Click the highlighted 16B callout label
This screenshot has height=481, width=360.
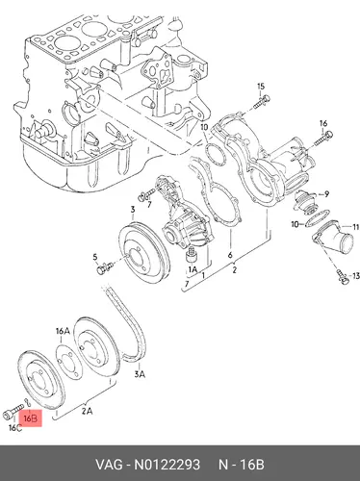(x=31, y=418)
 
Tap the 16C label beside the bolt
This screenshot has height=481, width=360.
(x=15, y=428)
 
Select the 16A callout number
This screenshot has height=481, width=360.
(x=63, y=331)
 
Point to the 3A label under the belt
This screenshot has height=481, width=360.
(x=140, y=374)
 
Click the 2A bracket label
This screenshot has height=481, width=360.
(x=88, y=411)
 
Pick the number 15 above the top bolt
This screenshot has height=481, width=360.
(x=261, y=87)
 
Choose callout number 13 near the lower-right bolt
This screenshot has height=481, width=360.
(x=356, y=276)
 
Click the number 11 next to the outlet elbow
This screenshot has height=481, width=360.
(x=356, y=227)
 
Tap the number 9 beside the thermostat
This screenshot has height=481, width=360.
(x=326, y=193)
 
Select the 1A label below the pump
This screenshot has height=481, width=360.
(x=193, y=270)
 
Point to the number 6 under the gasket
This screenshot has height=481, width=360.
(x=230, y=255)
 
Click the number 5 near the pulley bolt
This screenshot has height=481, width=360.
(x=95, y=257)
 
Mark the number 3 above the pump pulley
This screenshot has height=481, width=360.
(x=133, y=210)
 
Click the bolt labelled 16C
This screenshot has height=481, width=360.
(x=13, y=412)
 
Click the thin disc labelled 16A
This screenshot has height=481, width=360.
(x=69, y=362)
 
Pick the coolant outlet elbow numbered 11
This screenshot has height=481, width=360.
(x=334, y=240)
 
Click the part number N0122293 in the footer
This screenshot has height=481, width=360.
(x=167, y=465)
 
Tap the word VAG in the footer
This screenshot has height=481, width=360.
(x=109, y=465)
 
